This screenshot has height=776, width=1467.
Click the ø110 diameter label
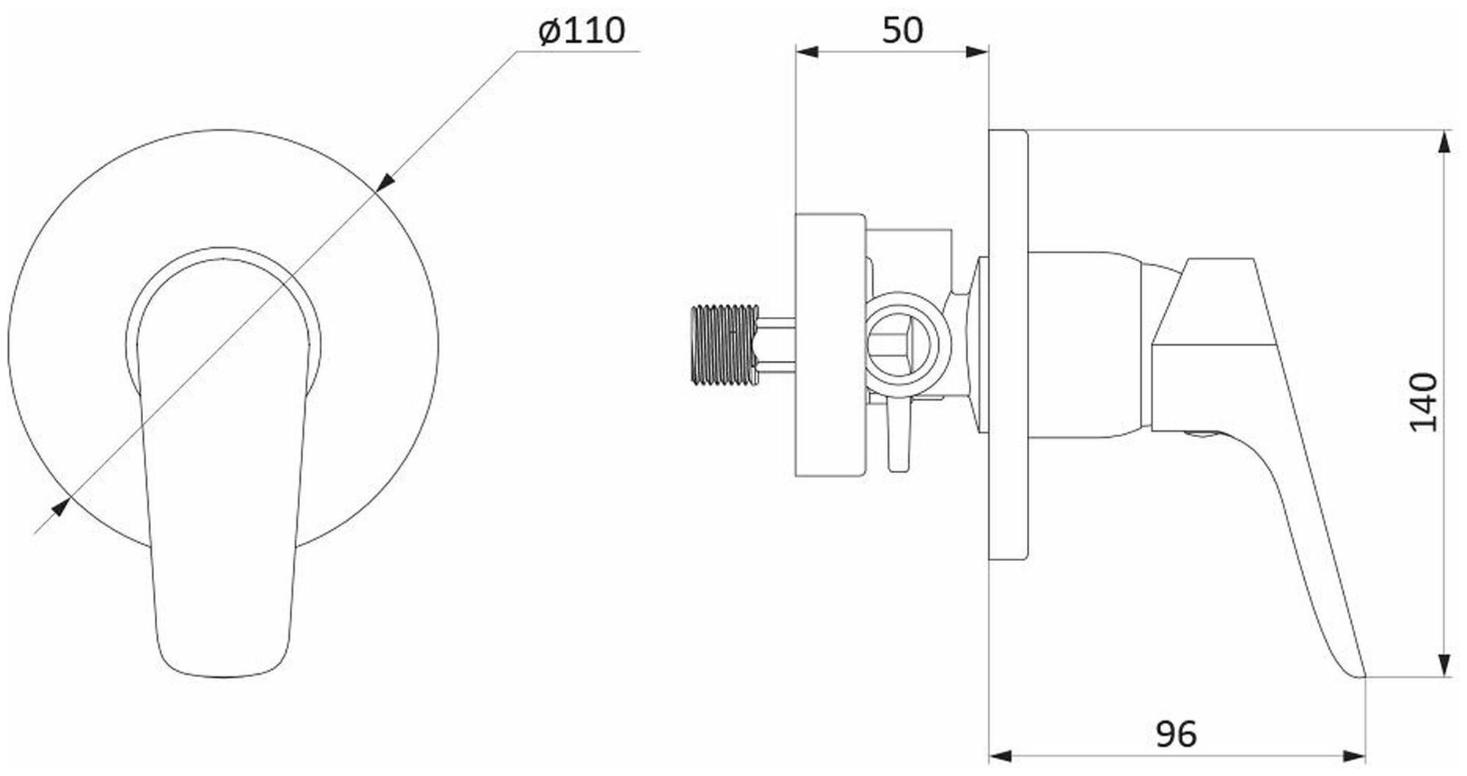[x=582, y=32]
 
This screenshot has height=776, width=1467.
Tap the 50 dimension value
[x=902, y=30]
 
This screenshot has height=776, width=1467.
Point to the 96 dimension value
[x=1176, y=734]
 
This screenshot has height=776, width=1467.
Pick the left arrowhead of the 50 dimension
[x=805, y=51]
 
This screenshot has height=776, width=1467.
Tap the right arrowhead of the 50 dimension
[x=978, y=51]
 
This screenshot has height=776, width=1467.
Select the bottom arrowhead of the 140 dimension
[x=1444, y=666]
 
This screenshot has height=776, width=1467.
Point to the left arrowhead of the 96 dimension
[x=1000, y=756]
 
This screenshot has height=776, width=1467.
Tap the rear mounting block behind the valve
[x=831, y=345]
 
